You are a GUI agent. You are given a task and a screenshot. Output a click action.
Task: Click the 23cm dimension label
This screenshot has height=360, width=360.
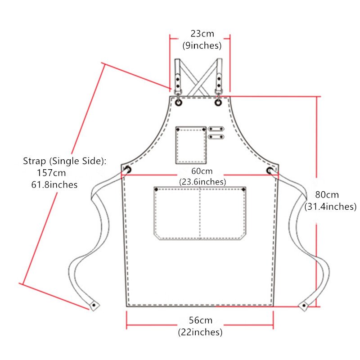point(202,34)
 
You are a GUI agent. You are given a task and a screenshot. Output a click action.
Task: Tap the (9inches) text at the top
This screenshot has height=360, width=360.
point(202,45)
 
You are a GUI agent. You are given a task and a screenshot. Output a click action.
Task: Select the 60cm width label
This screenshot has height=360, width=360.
point(202,171)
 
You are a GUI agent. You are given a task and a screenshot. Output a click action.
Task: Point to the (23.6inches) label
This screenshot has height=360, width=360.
point(202,182)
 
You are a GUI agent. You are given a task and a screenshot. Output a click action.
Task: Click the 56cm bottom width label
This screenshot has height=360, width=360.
point(201,320)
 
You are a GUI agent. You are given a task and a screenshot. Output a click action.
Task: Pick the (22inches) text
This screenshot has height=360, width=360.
point(200,332)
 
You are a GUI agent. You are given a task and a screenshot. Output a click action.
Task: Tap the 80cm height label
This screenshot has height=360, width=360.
point(327,195)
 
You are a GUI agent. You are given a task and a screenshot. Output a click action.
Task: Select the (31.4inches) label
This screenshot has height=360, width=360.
point(330,207)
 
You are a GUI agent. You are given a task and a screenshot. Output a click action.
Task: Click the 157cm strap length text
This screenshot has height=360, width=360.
point(51,173)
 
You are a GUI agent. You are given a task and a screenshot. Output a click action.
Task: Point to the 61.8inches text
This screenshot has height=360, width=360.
point(54,184)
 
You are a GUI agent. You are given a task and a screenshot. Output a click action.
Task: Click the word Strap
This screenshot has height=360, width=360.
point(34,161)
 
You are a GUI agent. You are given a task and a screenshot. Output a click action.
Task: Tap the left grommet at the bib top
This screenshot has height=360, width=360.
point(179,103)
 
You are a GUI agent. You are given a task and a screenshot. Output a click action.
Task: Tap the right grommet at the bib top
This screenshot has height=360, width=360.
point(218,103)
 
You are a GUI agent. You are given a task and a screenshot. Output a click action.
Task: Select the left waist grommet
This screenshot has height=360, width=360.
point(128,170)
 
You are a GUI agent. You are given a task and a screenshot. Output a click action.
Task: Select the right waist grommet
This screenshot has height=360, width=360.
point(270,171)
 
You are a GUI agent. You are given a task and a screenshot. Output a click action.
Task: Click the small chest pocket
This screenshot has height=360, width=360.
point(191,145)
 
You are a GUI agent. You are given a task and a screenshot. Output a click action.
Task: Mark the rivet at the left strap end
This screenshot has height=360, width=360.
point(94,305)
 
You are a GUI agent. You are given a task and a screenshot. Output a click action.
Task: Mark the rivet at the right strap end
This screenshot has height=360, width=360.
point(304,306)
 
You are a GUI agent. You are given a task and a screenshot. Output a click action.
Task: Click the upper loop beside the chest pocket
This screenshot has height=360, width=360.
point(216,129)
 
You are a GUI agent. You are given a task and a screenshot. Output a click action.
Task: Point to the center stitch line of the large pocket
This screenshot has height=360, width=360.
point(200,213)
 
